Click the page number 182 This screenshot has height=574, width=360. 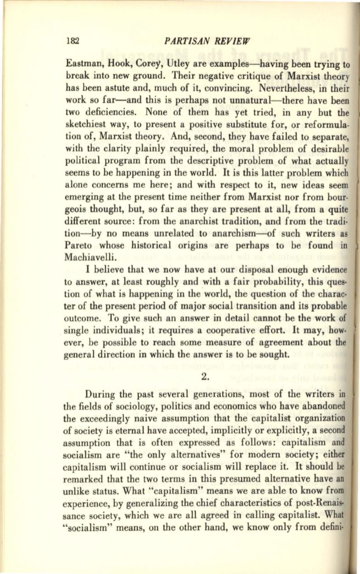click(73, 40)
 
